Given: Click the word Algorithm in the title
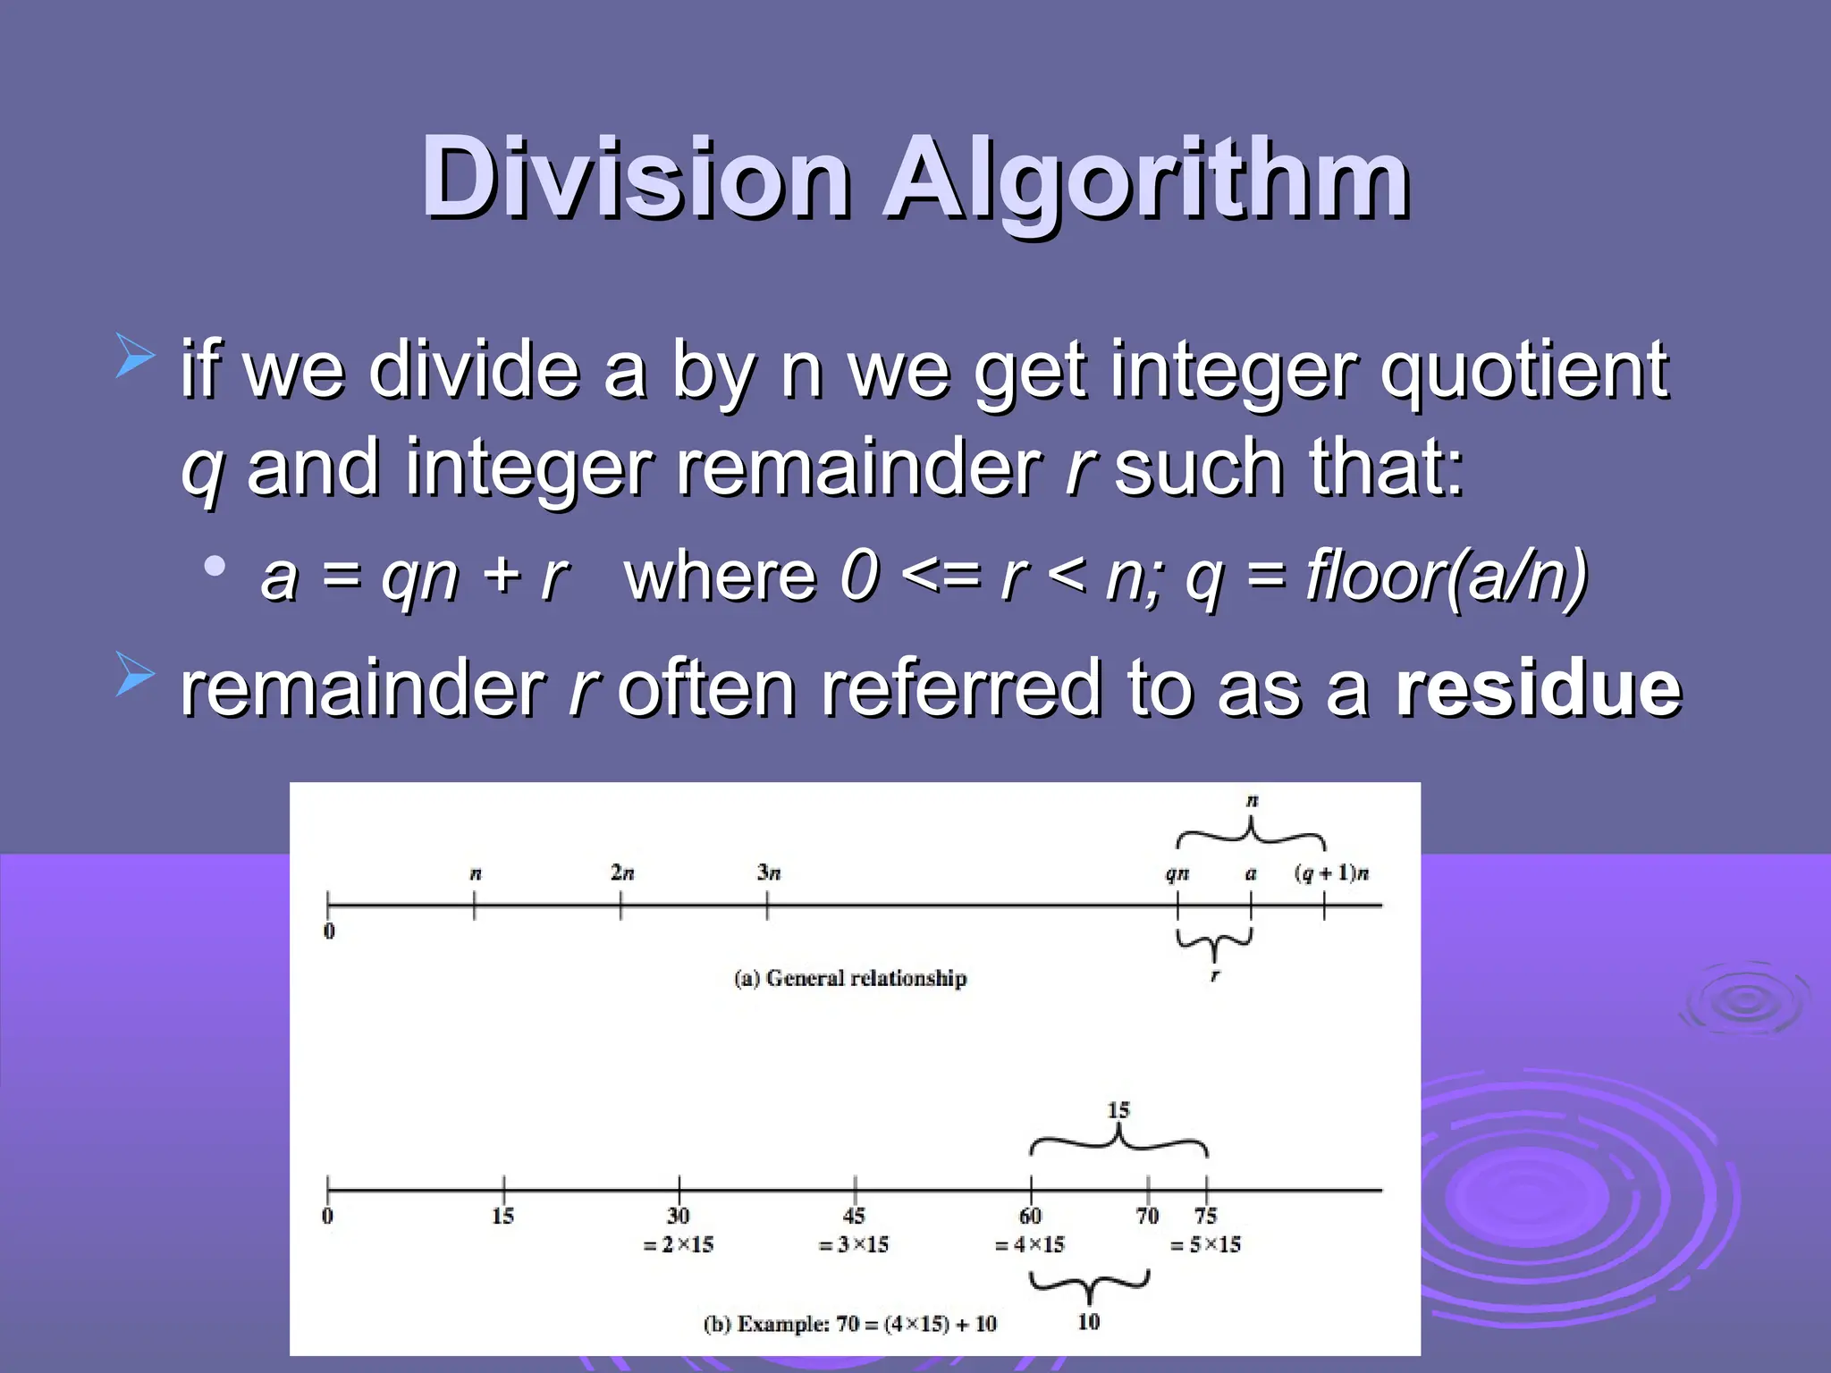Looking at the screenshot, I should pos(1147,179).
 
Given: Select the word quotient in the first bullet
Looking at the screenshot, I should pos(1523,371).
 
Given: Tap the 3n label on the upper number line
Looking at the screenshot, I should pos(769,872).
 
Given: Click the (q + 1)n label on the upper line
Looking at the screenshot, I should pos(1331,873).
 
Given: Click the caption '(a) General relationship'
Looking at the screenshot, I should pos(849,978).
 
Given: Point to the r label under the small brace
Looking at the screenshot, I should pos(1214,976).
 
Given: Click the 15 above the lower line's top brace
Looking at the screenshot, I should pos(1118,1110).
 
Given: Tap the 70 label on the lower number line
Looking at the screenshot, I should pos(1147,1216).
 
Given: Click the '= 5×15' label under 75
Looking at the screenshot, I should pos(1205,1244).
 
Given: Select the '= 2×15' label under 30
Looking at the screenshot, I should pos(678,1244).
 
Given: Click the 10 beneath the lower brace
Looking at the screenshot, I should pos(1088,1322).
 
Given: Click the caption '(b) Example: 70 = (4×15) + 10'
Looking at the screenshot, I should pos(849,1324).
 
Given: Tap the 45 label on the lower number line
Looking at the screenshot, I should pos(854,1216).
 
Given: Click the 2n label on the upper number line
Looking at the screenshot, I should pos(622,872).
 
